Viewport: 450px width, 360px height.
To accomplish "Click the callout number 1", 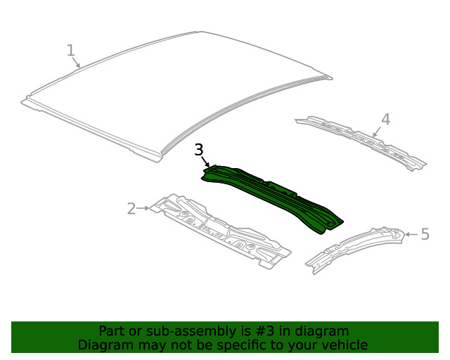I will pos(70,50).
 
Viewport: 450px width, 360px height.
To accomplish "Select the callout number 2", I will pos(131,208).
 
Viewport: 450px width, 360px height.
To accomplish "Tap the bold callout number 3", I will pos(199,150).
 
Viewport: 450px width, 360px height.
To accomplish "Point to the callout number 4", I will pos(385,119).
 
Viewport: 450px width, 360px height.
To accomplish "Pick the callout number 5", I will pos(425,233).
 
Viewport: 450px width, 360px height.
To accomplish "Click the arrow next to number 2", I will pos(143,208).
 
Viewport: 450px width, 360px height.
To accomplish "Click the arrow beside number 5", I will pos(411,233).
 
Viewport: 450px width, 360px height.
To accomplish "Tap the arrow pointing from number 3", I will pos(206,162).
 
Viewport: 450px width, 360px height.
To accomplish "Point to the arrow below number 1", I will pos(77,63).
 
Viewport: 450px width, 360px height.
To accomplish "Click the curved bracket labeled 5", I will pos(355,246).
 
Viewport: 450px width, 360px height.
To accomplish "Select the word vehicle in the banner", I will pos(343,345).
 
